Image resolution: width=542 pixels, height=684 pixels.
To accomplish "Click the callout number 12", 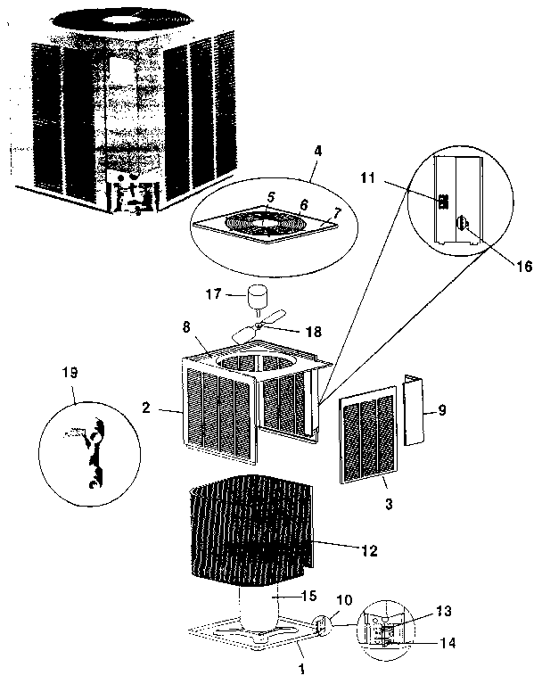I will coord(366,550).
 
